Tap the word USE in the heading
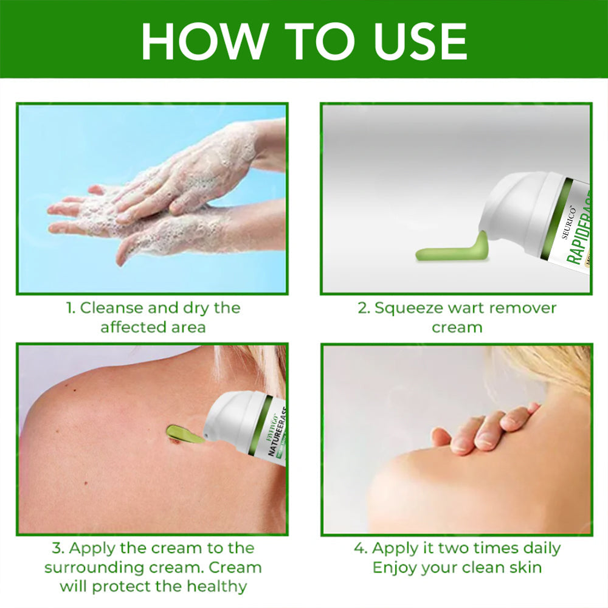pyautogui.click(x=413, y=41)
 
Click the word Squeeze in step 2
pyautogui.click(x=404, y=308)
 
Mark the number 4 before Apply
pyautogui.click(x=359, y=548)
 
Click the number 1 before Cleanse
pyautogui.click(x=70, y=308)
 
